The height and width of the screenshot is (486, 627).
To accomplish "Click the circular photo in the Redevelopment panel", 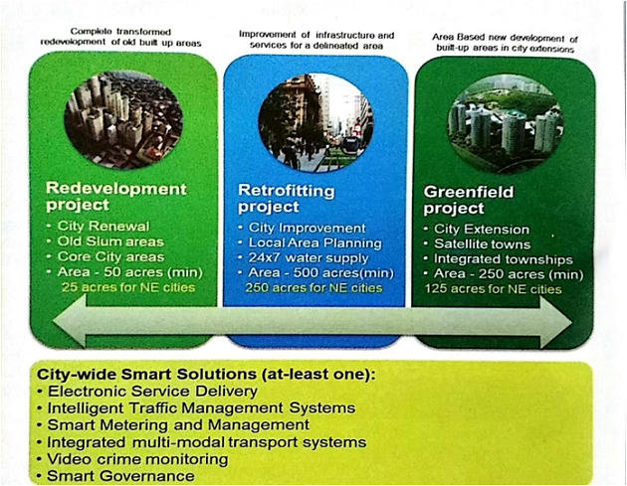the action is (123, 120).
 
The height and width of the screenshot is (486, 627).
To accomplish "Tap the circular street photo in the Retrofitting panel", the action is (315, 122).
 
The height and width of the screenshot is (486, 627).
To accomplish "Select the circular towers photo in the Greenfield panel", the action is (506, 124).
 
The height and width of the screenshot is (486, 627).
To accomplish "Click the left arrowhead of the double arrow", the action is (70, 321).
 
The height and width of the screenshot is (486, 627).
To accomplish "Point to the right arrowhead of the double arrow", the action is (555, 322).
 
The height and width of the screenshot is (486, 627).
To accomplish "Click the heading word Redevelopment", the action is (116, 189).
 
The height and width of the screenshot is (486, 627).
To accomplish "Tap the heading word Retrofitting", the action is (287, 191).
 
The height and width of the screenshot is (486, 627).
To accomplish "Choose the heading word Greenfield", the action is (469, 192).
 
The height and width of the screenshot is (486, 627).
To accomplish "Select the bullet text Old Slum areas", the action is (110, 242).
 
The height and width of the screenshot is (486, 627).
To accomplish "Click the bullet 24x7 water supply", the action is (309, 258).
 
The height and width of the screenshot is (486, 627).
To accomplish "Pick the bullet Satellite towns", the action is (483, 244).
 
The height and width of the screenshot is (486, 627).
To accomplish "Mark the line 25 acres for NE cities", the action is (128, 287).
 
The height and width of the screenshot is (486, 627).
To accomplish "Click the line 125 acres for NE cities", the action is (493, 289).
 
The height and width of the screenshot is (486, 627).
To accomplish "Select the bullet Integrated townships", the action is (504, 259).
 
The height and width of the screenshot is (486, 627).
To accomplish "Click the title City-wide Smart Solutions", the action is (146, 374).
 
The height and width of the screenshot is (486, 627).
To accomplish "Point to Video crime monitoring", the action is (137, 459).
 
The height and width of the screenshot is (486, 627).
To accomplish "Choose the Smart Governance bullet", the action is (120, 476).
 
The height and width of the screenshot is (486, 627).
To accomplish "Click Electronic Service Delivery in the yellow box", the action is (152, 391).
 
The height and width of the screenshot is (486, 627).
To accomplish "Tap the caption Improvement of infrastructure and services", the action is (316, 40).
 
